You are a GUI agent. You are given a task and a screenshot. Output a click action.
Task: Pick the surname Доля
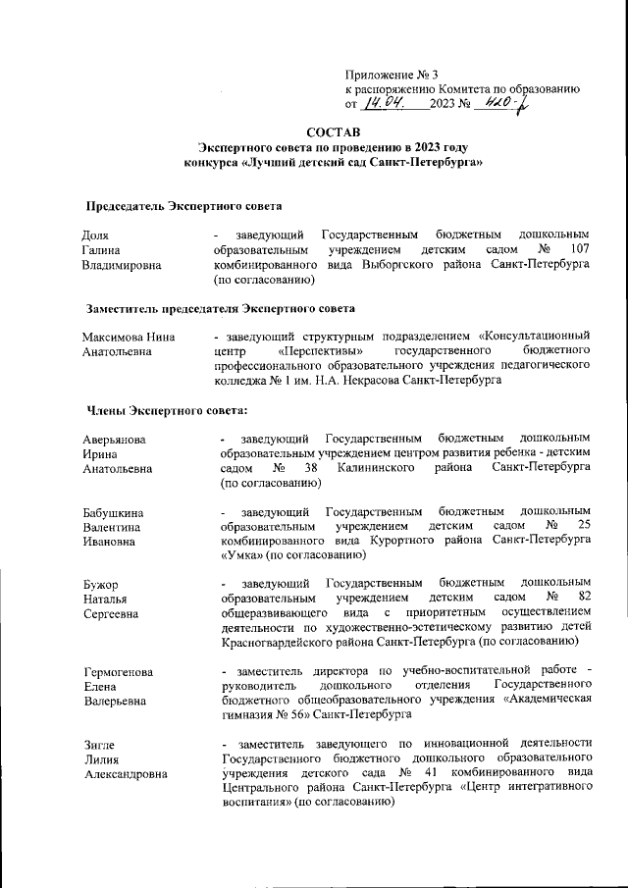[x=95, y=235]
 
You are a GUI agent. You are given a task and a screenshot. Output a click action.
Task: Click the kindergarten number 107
[x=578, y=250]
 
